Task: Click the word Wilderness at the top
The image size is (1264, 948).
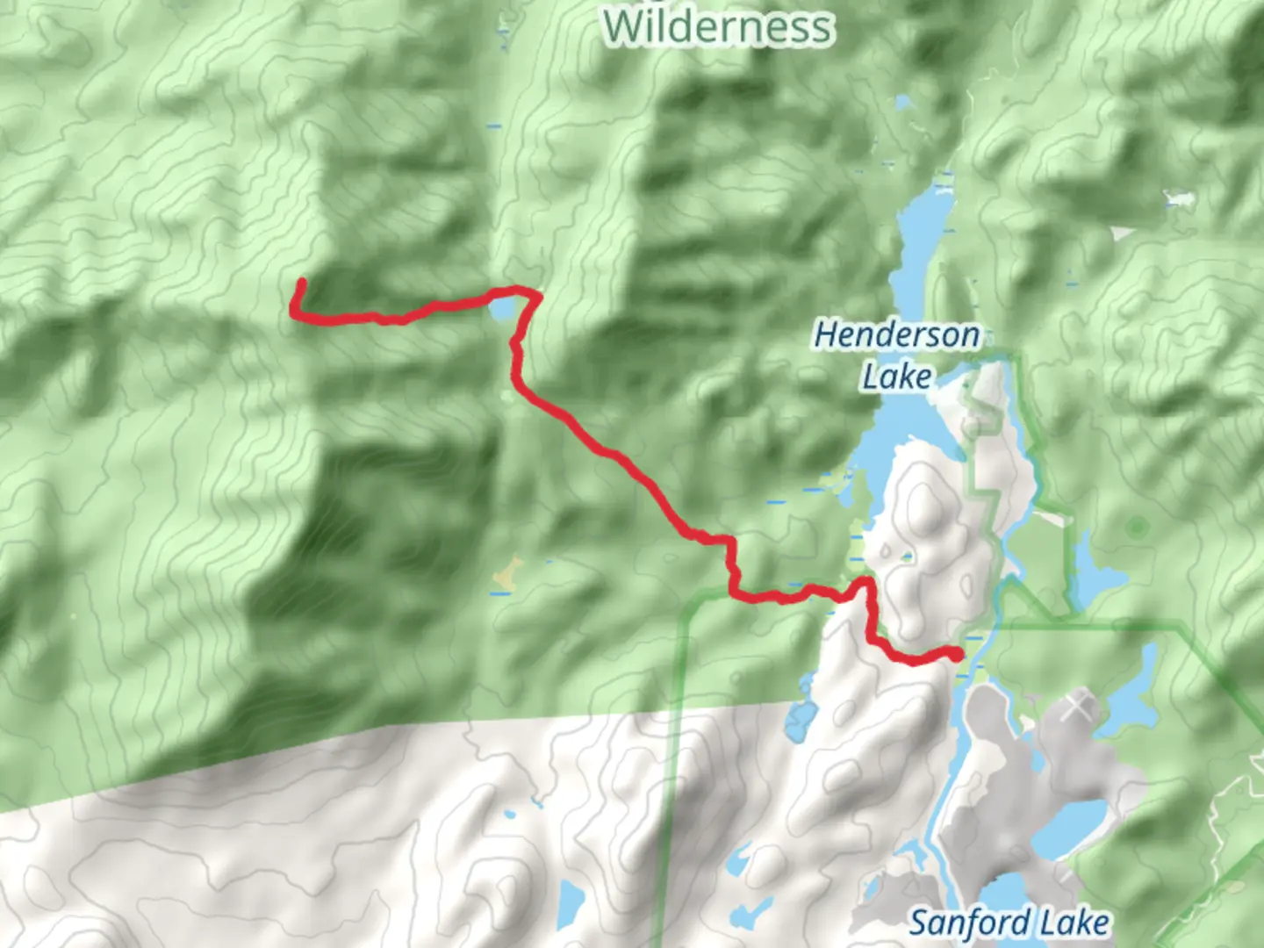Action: coord(717,26)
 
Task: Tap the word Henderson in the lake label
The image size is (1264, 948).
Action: coord(897,334)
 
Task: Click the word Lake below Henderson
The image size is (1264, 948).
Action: coord(896,377)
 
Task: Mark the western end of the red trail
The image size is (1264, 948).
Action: coord(301,282)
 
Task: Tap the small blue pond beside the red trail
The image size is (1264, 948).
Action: coord(502,309)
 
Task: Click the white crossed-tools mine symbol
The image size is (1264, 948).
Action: coord(1078,707)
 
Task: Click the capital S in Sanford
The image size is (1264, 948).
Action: coord(920,923)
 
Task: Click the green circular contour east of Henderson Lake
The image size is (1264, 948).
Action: coord(1138,528)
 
